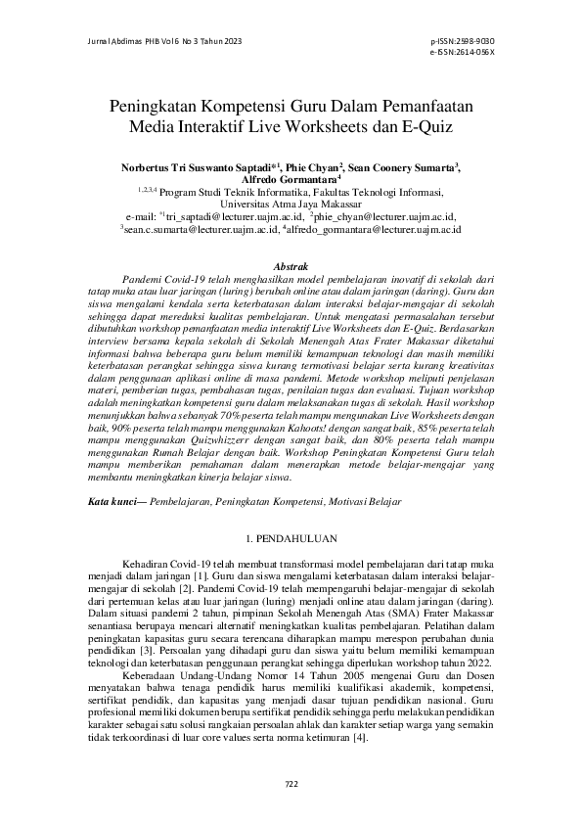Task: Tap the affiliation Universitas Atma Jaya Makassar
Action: [x=291, y=204]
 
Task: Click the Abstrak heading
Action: [x=291, y=266]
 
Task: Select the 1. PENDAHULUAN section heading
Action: [x=291, y=538]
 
